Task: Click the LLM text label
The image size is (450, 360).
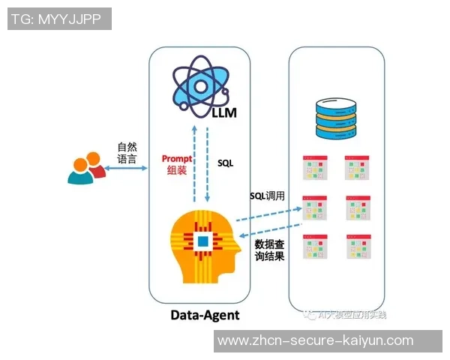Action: pos(222,112)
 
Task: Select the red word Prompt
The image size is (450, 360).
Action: pos(177,159)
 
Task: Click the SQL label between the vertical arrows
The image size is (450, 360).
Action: pos(226,162)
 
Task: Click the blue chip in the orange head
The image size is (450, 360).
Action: pos(202,241)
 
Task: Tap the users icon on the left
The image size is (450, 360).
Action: pos(85,169)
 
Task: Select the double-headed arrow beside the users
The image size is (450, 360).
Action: pos(127,171)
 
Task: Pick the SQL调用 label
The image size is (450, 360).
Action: pos(267,196)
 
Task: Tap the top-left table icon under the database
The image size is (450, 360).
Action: pos(315,168)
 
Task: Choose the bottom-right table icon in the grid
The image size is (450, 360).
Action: pos(358,247)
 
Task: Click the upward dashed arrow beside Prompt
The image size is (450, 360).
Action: pos(195,163)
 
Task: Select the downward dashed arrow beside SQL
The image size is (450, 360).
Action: pos(208,163)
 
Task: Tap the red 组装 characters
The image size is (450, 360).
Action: pos(177,171)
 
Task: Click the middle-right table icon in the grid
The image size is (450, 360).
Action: pos(358,208)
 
